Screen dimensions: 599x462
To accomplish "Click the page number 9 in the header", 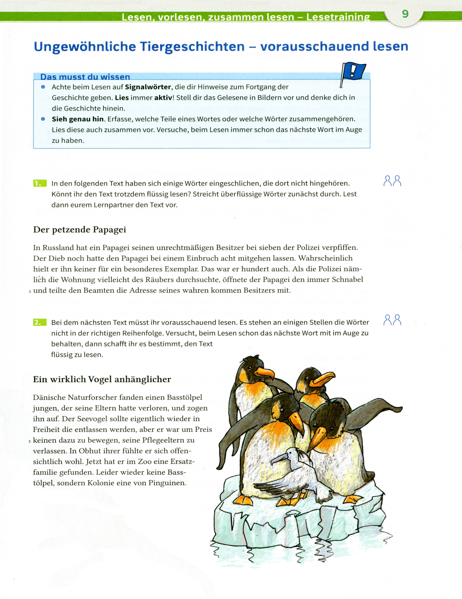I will click(405, 14).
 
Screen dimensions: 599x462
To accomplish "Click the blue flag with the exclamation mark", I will click(353, 71).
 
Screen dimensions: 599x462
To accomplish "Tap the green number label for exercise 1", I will click(40, 183).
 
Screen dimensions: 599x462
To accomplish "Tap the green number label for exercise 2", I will click(40, 322).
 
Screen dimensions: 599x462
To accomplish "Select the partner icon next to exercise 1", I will click(392, 181).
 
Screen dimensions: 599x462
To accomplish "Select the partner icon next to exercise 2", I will click(392, 320).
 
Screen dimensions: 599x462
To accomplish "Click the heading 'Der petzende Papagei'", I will click(80, 230).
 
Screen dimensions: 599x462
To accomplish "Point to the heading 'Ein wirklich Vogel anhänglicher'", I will click(102, 379).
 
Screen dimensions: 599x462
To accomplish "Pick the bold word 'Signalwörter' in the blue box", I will click(148, 87).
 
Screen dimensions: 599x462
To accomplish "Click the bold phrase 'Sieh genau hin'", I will click(78, 119).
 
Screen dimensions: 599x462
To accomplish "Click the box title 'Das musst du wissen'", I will click(85, 77).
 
